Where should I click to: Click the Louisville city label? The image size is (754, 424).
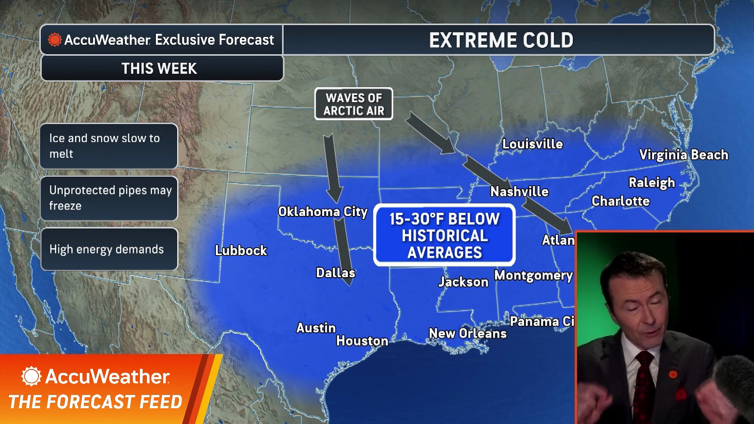tap(533, 144)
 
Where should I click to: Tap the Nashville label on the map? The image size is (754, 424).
tap(519, 192)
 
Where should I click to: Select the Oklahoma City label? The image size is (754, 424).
tap(322, 212)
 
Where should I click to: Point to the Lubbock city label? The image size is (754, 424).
tap(241, 250)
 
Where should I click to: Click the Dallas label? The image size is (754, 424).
tap(335, 273)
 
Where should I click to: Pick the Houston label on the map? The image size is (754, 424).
tap(362, 341)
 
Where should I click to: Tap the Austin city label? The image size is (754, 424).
tap(316, 328)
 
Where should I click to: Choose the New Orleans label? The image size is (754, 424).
tap(467, 334)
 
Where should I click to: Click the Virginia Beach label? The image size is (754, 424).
tap(683, 155)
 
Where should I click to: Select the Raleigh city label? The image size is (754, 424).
tap(652, 183)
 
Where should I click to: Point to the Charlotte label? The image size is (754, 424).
tap(620, 201)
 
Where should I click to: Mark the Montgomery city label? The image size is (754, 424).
tap(533, 276)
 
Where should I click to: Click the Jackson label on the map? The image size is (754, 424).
tap(463, 282)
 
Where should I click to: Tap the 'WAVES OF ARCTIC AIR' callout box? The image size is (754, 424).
tap(353, 104)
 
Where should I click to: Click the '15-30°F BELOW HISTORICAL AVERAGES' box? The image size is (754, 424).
tap(444, 236)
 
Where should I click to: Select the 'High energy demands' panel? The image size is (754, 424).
tap(109, 249)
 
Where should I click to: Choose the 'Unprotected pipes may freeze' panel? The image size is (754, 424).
tap(109, 198)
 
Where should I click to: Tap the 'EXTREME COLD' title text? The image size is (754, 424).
tap(501, 40)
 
